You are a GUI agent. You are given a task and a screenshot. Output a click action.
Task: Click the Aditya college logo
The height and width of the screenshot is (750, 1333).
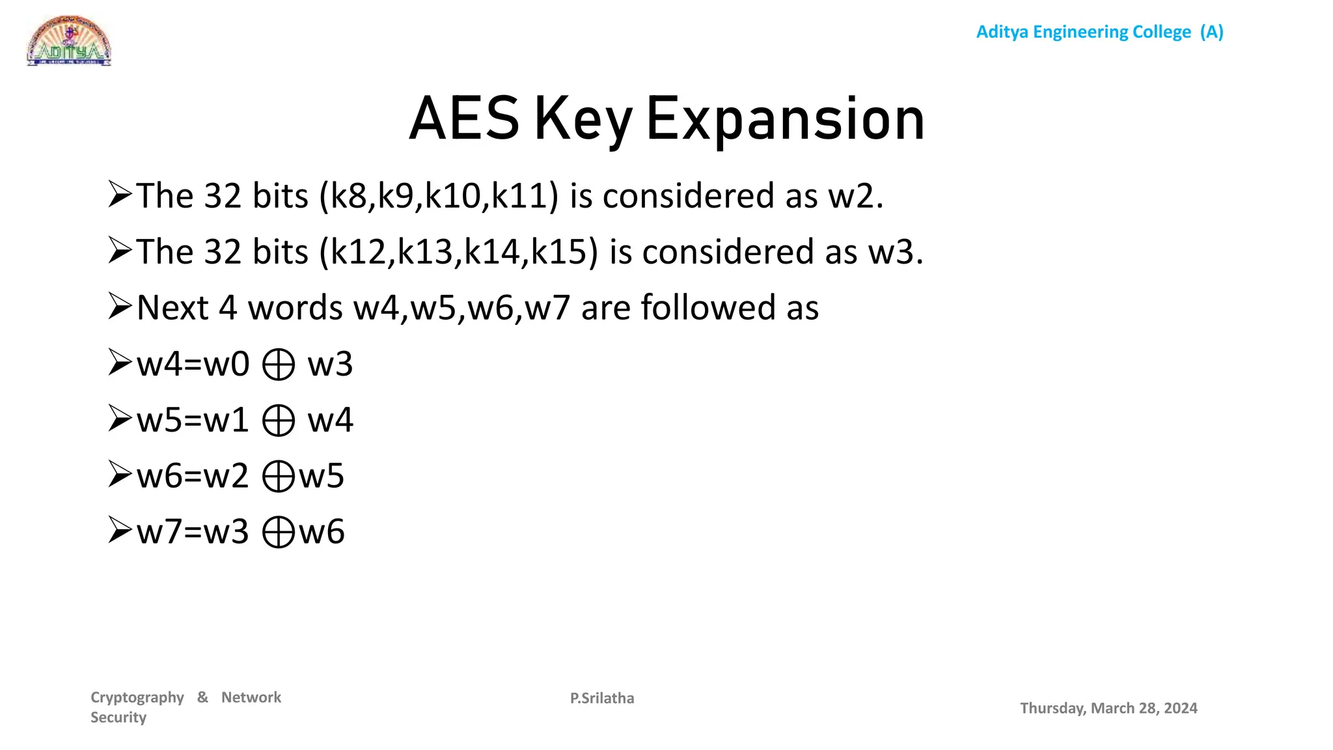tap(69, 40)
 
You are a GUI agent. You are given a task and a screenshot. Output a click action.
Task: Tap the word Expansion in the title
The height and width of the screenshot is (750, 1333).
tap(785, 119)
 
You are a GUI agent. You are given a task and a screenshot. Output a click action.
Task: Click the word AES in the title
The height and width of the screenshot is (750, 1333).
tap(464, 119)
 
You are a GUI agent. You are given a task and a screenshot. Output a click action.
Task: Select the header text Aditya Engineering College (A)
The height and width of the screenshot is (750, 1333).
tap(1099, 32)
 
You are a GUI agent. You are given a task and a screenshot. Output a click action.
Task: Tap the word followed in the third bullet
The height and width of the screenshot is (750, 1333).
tap(708, 307)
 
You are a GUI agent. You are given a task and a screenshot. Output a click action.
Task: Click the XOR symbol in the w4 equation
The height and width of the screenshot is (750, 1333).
tap(279, 365)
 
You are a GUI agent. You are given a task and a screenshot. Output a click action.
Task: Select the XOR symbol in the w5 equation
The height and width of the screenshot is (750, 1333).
tap(279, 421)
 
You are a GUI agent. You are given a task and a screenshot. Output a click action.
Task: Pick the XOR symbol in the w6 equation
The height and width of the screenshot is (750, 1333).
tap(279, 477)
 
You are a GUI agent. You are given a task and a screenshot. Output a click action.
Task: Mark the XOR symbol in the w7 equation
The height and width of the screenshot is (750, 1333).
tap(279, 533)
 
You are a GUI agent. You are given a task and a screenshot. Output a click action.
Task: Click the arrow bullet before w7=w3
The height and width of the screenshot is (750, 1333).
tap(120, 531)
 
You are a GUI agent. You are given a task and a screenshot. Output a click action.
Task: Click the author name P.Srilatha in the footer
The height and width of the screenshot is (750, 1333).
tap(602, 698)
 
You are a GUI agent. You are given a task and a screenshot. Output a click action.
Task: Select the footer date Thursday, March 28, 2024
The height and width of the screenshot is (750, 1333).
tap(1108, 708)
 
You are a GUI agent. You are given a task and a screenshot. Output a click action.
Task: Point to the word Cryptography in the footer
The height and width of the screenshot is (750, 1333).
tap(137, 697)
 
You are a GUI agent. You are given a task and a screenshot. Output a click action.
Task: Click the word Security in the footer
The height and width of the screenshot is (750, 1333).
tap(118, 717)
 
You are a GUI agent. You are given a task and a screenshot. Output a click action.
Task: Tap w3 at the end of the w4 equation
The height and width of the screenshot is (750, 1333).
tap(330, 365)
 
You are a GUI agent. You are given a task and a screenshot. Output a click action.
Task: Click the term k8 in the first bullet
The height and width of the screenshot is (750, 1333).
tap(349, 196)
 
